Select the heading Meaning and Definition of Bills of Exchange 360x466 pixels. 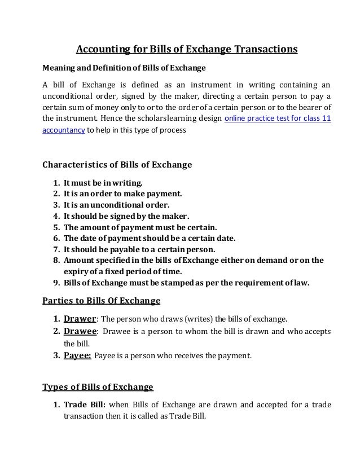click(x=117, y=69)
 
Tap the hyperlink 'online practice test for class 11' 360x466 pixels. click(x=278, y=120)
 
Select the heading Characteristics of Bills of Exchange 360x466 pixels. click(x=117, y=165)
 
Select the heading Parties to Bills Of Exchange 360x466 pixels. click(x=102, y=300)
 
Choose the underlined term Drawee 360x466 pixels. click(x=79, y=331)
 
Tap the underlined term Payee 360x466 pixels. click(x=77, y=355)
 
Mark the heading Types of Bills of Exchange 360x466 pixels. click(x=98, y=387)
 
